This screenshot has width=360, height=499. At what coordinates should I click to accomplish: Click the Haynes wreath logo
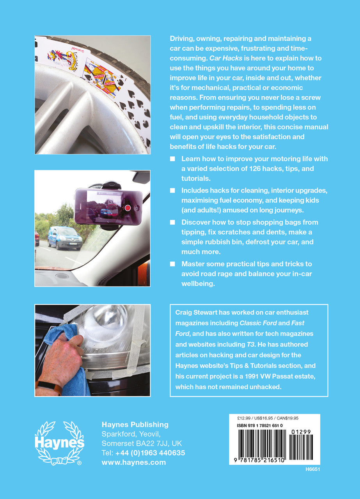click(x=59, y=443)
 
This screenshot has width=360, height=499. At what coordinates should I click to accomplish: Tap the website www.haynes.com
click(x=133, y=462)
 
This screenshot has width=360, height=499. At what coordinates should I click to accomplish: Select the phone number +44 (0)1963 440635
click(x=150, y=453)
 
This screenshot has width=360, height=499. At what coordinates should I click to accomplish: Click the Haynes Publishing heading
click(x=135, y=425)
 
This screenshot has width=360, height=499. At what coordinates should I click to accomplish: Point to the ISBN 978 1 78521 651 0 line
click(x=260, y=426)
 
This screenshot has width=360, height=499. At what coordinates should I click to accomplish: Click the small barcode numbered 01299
click(x=301, y=445)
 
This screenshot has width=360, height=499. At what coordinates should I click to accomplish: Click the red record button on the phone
click(x=127, y=208)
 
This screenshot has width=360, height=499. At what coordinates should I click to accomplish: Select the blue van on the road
click(x=65, y=238)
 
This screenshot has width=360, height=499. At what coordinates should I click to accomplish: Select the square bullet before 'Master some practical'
click(x=173, y=264)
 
